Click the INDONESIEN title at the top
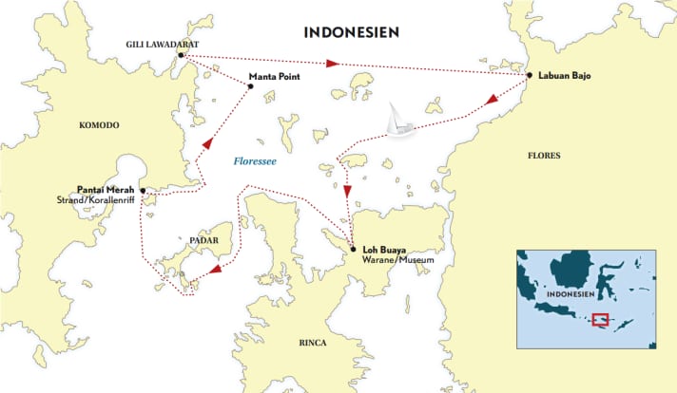[x=351, y=31]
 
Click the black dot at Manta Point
[x=251, y=86]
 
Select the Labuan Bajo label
[x=565, y=75]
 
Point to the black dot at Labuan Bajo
[x=529, y=75]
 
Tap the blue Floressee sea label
[x=256, y=162]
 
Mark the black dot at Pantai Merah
[x=143, y=191]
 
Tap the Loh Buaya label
[x=383, y=250]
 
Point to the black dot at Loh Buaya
[x=353, y=250]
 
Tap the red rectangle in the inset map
[x=600, y=320]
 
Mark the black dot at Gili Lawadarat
[x=180, y=55]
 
